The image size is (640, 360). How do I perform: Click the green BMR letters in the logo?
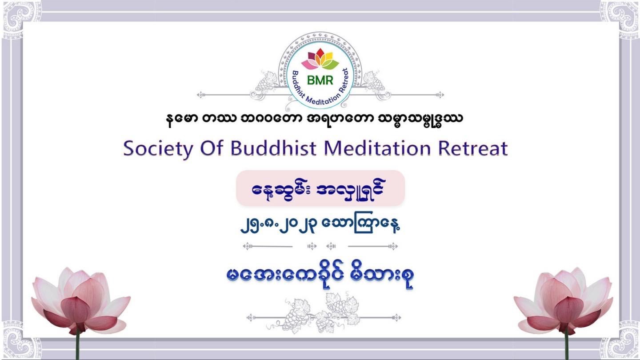pos(320,80)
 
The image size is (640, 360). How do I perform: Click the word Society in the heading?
pos(158,149)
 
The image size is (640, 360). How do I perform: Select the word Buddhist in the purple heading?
pos(273,148)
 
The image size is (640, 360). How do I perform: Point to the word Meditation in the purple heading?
pos(377,148)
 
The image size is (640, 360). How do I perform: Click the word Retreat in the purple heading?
pos(473,148)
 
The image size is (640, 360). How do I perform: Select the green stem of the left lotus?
pos(77,347)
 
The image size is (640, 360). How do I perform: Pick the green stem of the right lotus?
pos(567,347)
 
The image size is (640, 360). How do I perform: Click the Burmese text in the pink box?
pos(319,189)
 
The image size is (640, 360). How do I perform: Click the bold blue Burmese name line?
pos(320,276)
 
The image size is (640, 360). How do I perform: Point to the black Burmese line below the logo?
pos(314,119)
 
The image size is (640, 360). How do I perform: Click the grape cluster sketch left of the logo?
pos(266,82)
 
